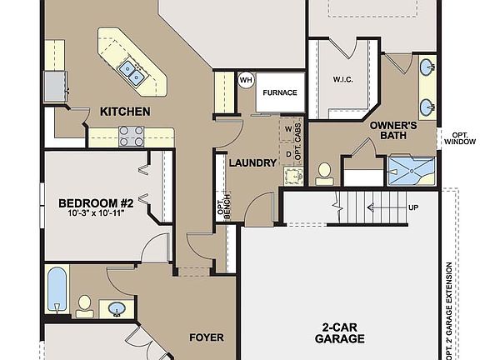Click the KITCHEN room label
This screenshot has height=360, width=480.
click(x=125, y=111)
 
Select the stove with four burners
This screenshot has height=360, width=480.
click(x=131, y=135)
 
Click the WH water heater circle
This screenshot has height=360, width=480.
click(x=246, y=80)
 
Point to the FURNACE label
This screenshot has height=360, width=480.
click(x=280, y=92)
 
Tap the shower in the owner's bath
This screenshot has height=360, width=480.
click(x=411, y=171)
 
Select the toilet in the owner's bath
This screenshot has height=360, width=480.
click(x=325, y=172)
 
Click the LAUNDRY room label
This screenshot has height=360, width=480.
click(x=252, y=162)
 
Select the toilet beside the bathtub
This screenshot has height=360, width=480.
click(x=84, y=305)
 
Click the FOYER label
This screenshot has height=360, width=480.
click(x=206, y=337)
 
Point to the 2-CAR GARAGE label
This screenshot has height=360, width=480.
click(x=339, y=332)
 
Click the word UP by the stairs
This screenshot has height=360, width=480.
click(x=413, y=207)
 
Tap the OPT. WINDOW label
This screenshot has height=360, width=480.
click(x=459, y=138)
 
